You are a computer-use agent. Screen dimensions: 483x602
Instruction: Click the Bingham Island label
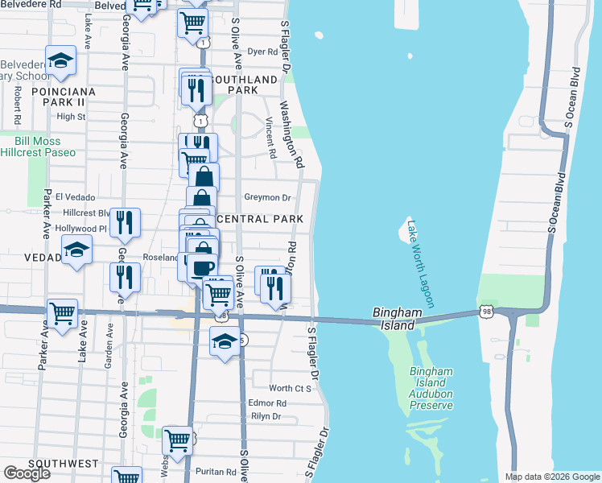393,319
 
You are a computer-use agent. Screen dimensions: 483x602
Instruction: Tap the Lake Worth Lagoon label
419,264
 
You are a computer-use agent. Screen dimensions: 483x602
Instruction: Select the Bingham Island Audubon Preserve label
431,388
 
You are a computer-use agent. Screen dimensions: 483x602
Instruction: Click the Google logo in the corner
27,473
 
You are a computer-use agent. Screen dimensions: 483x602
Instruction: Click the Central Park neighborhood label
260,219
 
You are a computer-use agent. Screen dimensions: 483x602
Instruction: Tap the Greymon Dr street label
266,197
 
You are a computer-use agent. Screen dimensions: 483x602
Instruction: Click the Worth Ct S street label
291,389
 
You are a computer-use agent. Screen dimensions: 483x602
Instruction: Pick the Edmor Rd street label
268,403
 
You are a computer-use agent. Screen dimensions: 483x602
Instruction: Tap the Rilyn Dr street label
266,416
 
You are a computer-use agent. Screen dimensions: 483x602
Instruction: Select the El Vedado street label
76,197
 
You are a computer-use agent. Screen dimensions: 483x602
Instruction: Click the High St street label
71,117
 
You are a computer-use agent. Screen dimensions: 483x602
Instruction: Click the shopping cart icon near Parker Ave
62,315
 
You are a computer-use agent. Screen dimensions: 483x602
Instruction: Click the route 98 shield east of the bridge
486,311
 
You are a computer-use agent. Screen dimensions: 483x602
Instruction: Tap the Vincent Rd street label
270,137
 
